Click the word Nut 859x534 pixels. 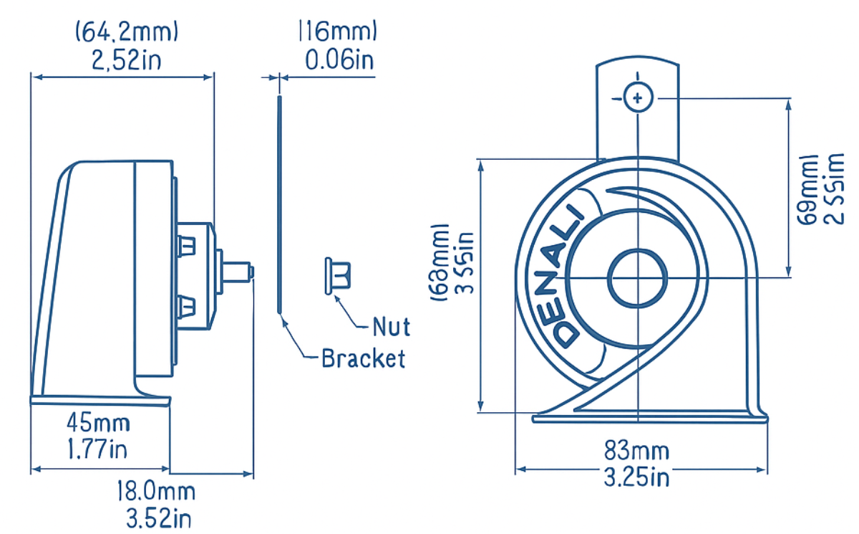coord(392,328)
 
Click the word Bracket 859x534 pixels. coord(363,358)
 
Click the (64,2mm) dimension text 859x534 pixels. coord(127,32)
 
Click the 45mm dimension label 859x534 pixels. coord(99,423)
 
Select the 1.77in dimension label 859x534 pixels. coord(99,449)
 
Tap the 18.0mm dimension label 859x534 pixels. coord(156,492)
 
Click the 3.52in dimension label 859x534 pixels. coord(156,518)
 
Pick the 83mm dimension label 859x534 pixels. coord(636,451)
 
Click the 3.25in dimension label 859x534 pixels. coord(636,477)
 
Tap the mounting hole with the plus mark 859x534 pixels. coord(637,97)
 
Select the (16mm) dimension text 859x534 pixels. coord(337,32)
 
